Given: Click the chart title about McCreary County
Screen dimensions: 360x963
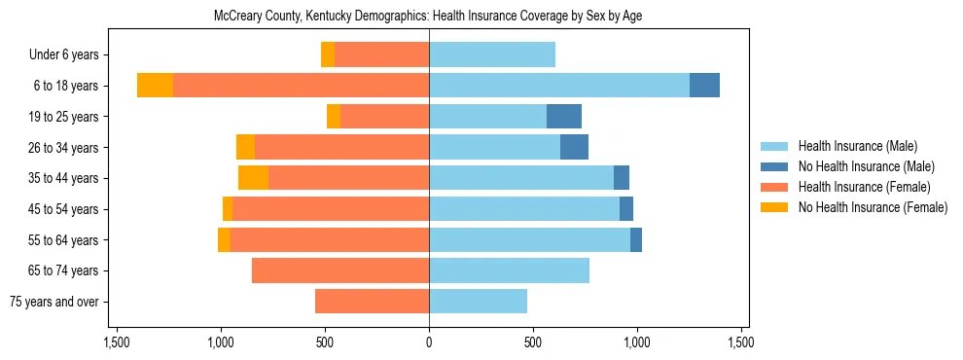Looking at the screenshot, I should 428,17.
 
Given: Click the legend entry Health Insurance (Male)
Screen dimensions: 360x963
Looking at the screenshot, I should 857,146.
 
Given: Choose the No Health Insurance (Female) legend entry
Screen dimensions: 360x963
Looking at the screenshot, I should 873,207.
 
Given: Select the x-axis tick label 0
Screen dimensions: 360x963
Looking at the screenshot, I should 429,342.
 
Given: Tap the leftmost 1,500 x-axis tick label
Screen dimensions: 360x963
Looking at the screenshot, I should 117,342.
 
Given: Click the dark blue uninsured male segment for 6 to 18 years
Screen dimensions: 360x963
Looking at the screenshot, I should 704,86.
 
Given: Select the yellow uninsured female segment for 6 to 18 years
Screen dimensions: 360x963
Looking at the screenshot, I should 155,86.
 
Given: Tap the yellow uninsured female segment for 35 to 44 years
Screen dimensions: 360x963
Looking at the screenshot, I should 253,178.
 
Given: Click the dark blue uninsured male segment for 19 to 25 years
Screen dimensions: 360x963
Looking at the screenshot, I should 564,117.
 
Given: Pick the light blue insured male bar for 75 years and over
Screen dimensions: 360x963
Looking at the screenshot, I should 478,302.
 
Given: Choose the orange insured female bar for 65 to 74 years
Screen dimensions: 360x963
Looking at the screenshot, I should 340,270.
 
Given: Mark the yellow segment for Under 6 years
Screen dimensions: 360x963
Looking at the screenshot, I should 328,55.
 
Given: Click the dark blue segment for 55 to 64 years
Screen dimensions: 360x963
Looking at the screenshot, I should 636,240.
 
